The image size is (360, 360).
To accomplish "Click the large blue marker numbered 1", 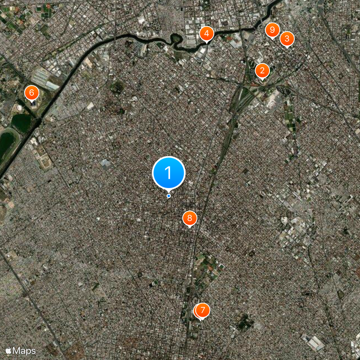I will coord(169,172).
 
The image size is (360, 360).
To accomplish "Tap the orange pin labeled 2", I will coord(262,71).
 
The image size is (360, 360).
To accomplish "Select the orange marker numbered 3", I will coord(287,39).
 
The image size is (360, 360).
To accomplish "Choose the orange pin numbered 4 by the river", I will coord(206,33).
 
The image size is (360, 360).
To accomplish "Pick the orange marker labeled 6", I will coord(31,93).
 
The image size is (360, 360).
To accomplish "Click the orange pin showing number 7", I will coord(203,310).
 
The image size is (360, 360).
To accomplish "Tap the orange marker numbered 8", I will coord(189,218).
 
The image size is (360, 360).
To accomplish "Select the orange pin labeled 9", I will coord(272,30).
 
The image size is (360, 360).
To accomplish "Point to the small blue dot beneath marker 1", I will coord(169,196).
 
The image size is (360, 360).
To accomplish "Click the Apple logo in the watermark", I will coord(9,350).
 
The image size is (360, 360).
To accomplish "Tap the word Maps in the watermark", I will coord(24,350).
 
